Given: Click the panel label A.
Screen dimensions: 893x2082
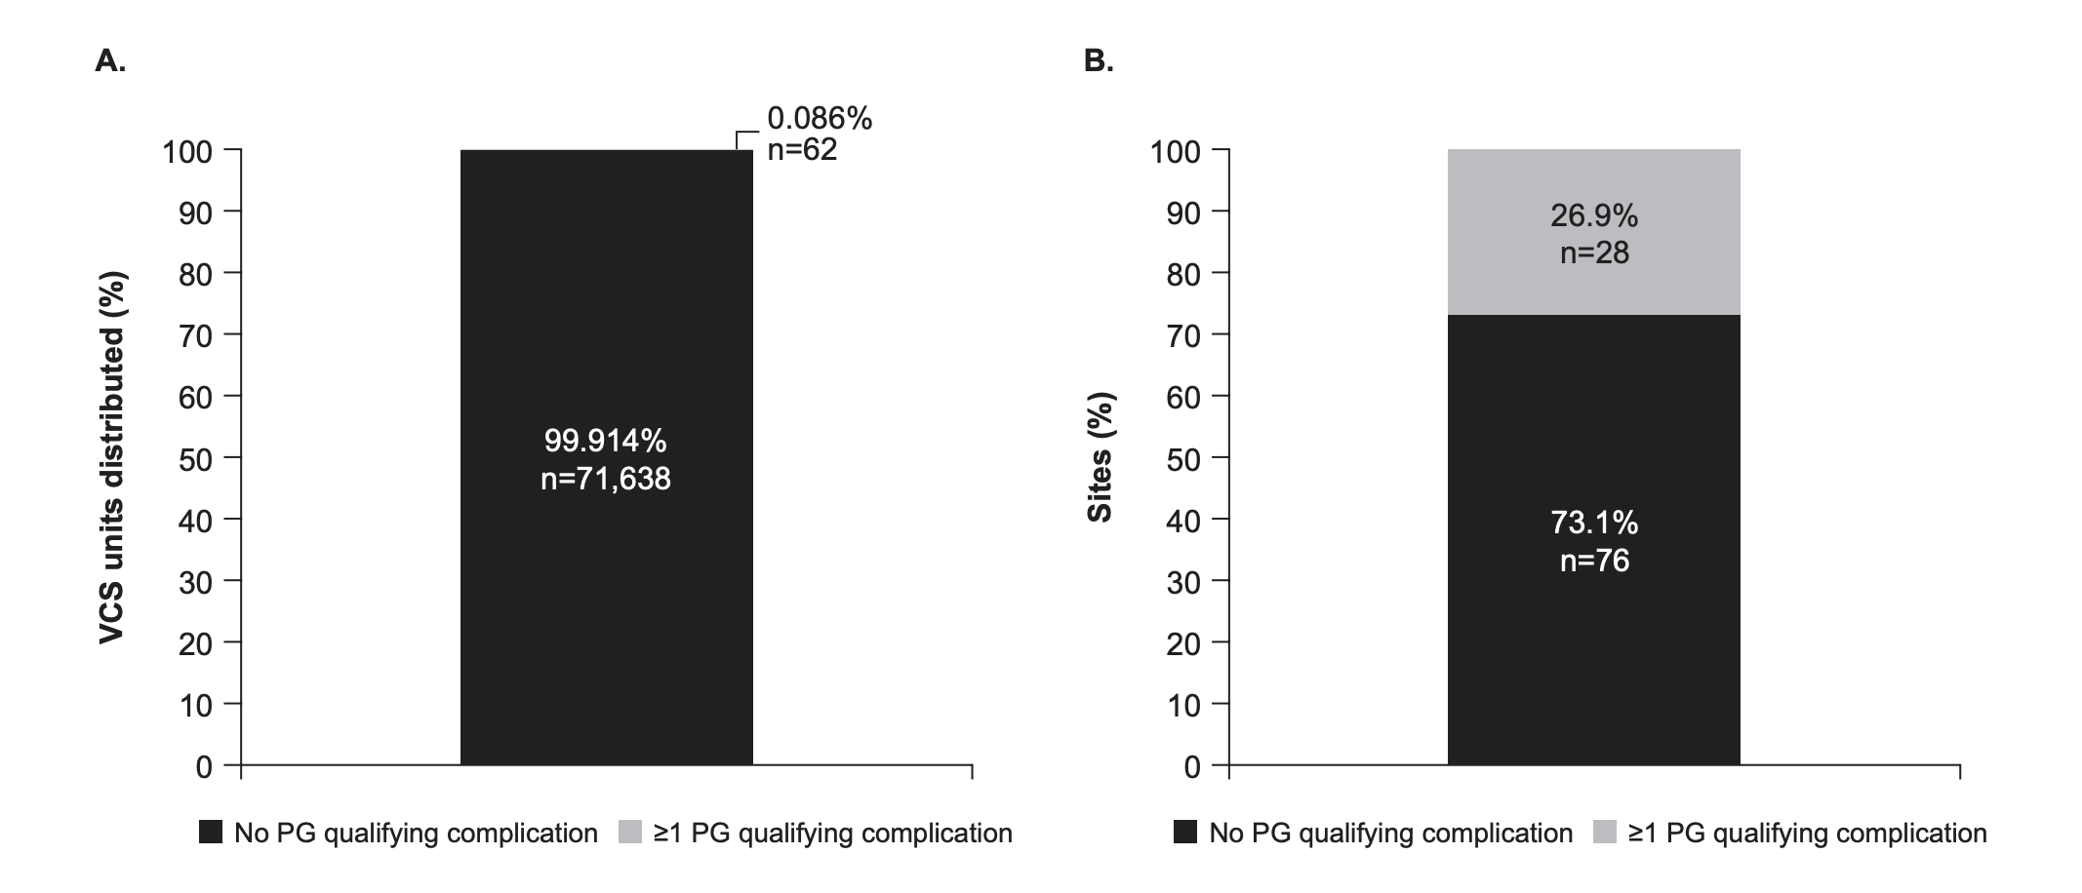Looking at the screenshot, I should (x=110, y=61).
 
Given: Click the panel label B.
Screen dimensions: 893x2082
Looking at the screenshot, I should (x=1099, y=61).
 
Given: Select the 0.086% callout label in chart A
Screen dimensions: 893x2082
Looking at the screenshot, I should (x=819, y=119).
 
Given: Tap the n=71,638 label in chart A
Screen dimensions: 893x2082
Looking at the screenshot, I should (x=605, y=479).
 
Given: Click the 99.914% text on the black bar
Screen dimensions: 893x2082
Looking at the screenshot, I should (x=605, y=441).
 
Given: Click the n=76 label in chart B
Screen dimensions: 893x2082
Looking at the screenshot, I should (x=1593, y=561).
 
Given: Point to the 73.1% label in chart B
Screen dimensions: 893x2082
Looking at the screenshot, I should (x=1593, y=524).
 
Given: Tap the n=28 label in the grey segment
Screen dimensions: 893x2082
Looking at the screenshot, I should (x=1593, y=252).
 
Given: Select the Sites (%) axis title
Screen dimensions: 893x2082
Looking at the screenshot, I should (x=1100, y=458).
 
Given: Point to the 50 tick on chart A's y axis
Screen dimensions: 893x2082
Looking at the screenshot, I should (x=195, y=458).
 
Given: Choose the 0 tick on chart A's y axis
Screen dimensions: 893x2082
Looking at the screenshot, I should (x=203, y=767).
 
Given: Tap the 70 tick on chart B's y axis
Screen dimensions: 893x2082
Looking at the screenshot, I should (x=1183, y=335).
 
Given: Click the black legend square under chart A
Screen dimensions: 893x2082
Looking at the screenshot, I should (x=210, y=833).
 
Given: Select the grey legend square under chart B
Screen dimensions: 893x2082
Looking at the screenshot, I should (x=1604, y=833).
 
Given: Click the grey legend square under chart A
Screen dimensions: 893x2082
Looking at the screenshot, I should (x=630, y=833).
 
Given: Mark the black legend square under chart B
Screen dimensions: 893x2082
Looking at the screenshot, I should (x=1184, y=833).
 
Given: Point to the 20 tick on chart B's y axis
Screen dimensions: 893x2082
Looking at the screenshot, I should (x=1183, y=643).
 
